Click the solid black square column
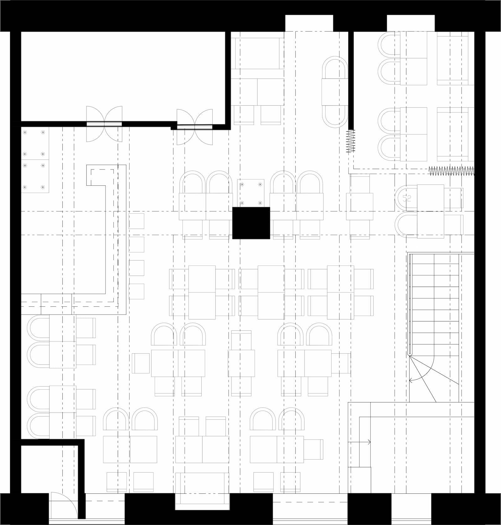click(251, 223)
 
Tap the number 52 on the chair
click(407, 198)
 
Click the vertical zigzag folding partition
click(351, 141)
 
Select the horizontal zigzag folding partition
click(451, 170)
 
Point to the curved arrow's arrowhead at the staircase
click(411, 380)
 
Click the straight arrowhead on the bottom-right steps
click(369, 442)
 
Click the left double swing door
click(104, 124)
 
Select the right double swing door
click(194, 127)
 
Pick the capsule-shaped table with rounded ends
click(334, 92)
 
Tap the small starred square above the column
click(250, 193)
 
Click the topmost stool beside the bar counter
click(137, 221)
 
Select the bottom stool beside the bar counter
click(137, 292)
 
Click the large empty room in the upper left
click(122, 75)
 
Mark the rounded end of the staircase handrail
click(410, 354)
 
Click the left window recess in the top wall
click(309, 23)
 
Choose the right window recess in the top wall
click(411, 23)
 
